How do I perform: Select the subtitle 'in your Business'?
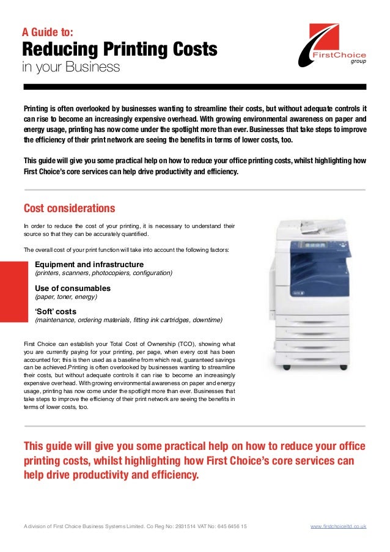(71, 67)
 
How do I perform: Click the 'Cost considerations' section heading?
(68, 208)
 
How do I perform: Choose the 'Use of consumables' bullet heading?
(73, 288)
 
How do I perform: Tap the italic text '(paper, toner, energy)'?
(66, 297)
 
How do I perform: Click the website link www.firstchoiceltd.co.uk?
(338, 526)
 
